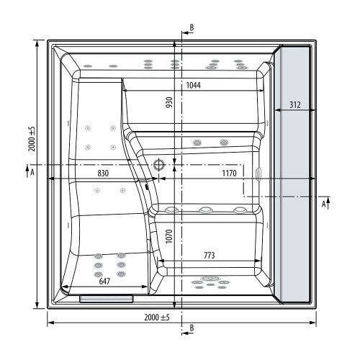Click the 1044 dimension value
click(x=193, y=86)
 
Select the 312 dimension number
click(x=294, y=105)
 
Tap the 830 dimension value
click(x=103, y=174)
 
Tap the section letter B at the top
click(x=192, y=27)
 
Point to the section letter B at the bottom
click(x=192, y=329)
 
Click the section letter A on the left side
click(x=32, y=173)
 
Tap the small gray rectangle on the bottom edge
click(x=106, y=297)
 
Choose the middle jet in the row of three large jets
click(x=206, y=210)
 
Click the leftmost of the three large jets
click(x=174, y=210)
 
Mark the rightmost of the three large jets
click(x=238, y=210)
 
